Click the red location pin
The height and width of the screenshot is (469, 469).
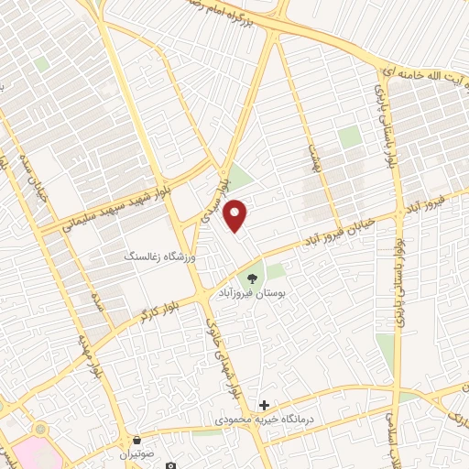(x=237, y=214)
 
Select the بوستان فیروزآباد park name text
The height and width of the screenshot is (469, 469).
(x=252, y=294)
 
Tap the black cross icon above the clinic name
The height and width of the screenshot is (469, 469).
(x=265, y=405)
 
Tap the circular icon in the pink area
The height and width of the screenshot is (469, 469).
(x=39, y=429)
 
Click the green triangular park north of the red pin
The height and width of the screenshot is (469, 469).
(x=238, y=176)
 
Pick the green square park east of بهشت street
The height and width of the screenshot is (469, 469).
(x=348, y=137)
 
